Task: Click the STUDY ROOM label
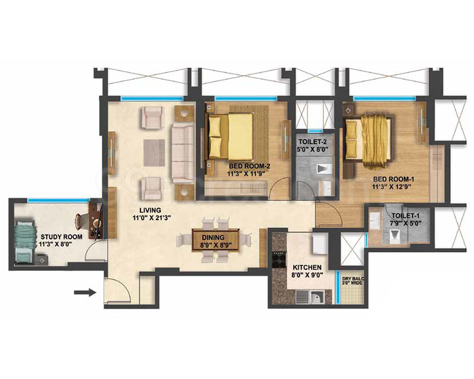[61, 237]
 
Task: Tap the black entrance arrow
[85, 292]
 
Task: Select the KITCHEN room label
[307, 268]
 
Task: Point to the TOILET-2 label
[312, 142]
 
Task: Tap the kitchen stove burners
[279, 259]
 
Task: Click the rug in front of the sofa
[154, 153]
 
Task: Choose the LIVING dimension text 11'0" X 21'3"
[149, 217]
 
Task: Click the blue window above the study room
[59, 200]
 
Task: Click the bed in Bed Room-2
[230, 137]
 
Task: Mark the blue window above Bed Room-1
[384, 98]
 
